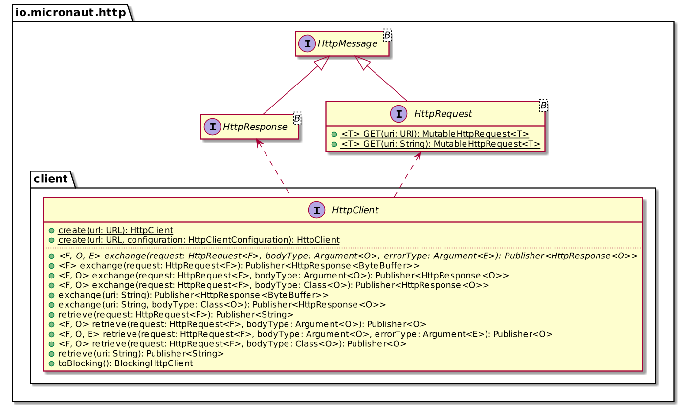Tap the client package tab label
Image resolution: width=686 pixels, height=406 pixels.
click(51, 179)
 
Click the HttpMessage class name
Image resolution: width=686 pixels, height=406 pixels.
click(348, 44)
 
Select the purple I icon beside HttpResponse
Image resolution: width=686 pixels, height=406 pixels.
click(212, 127)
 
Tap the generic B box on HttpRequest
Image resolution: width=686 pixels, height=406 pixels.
click(543, 105)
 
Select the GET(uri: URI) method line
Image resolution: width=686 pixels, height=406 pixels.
click(434, 134)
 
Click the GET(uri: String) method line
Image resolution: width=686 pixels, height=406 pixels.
click(440, 144)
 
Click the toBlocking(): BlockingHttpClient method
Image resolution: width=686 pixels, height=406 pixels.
click(125, 363)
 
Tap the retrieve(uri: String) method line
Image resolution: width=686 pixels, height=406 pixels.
click(141, 353)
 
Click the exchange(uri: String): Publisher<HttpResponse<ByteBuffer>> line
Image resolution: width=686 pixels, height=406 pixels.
click(193, 295)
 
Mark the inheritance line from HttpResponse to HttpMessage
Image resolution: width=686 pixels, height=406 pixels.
click(292, 91)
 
